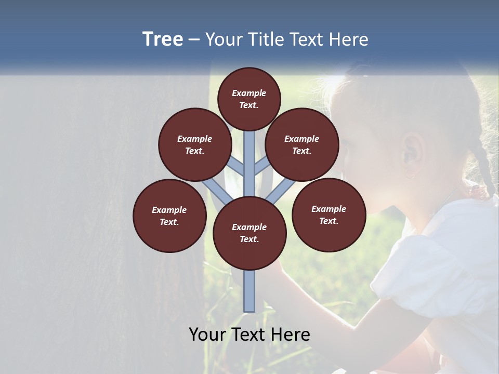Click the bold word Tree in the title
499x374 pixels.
(163, 39)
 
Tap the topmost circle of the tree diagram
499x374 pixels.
(249, 99)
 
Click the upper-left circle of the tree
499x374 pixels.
(194, 144)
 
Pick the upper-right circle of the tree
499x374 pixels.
(302, 144)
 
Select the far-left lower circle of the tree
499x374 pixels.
(169, 216)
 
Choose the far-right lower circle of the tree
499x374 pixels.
(329, 215)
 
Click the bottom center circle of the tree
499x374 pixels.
(249, 233)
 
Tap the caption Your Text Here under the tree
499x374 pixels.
(249, 335)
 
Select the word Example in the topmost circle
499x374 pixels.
(249, 93)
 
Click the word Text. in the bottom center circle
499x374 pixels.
(249, 239)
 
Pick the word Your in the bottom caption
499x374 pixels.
(207, 335)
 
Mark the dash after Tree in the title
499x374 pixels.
(194, 39)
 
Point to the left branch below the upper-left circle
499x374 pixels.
(216, 190)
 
